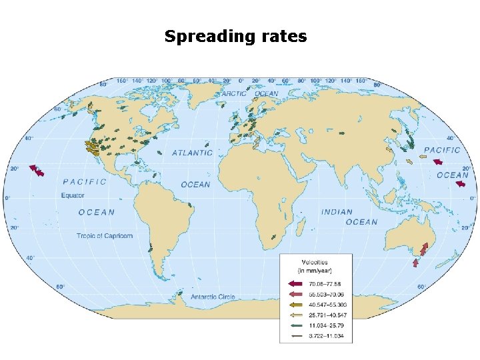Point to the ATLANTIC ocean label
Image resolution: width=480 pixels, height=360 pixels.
(193, 153)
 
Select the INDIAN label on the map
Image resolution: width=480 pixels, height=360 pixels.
(337, 212)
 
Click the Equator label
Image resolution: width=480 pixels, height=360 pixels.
(73, 195)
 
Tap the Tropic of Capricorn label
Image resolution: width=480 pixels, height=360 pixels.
(105, 236)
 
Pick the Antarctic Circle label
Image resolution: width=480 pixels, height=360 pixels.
(213, 296)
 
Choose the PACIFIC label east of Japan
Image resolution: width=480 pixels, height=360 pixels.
(442, 150)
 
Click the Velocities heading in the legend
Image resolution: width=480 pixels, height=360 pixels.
(315, 262)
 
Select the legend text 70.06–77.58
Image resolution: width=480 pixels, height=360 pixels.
(323, 284)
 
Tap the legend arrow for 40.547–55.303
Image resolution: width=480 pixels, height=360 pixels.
(297, 305)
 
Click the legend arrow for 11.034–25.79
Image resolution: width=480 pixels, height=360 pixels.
(297, 325)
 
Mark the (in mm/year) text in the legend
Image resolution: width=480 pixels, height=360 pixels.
(315, 271)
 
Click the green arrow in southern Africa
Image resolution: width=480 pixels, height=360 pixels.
(274, 237)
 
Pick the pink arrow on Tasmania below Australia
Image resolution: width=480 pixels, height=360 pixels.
(416, 263)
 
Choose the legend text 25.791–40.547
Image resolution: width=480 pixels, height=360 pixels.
(325, 315)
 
